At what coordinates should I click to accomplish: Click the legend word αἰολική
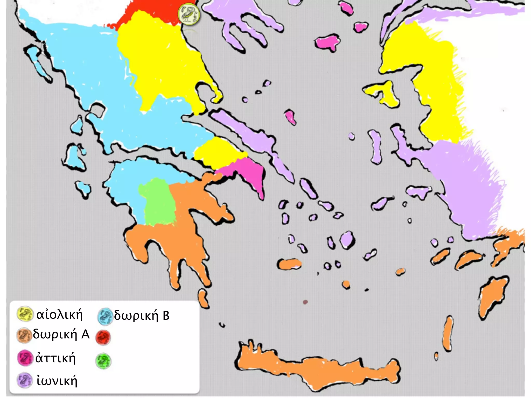point(59,315)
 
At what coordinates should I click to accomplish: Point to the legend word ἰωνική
point(57,381)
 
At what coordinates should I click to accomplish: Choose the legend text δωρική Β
point(142,316)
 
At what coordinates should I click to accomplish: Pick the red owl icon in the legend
point(103,338)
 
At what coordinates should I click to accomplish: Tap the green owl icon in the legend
point(103,361)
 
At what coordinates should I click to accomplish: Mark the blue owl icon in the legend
point(105,316)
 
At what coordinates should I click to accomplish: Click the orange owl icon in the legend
point(24,336)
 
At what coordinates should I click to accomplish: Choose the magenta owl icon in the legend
point(25,358)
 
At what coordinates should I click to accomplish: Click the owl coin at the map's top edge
point(189,14)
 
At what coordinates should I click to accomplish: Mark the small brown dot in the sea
point(305,302)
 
